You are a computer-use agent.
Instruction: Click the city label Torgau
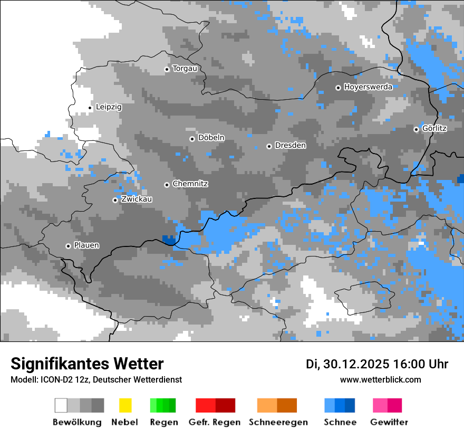185,69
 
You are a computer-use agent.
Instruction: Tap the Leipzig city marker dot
90,108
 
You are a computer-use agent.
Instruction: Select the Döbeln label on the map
211,138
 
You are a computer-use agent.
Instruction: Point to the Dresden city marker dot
269,146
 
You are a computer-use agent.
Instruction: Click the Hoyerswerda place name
368,87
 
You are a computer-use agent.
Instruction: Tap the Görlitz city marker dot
416,129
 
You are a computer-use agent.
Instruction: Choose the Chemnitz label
190,184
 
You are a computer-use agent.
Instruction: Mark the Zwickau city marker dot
115,200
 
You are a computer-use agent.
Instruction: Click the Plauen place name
86,245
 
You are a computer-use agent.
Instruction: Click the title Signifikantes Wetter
87,364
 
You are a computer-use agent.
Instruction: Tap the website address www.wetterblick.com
380,379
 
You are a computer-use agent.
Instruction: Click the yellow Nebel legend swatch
125,405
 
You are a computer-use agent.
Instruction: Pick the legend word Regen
163,422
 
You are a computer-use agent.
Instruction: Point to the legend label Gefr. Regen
214,422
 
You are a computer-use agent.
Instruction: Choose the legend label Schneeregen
278,422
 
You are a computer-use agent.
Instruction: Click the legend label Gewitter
389,422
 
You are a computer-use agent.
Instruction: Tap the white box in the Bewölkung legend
61,405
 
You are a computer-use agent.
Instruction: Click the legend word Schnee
340,422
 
